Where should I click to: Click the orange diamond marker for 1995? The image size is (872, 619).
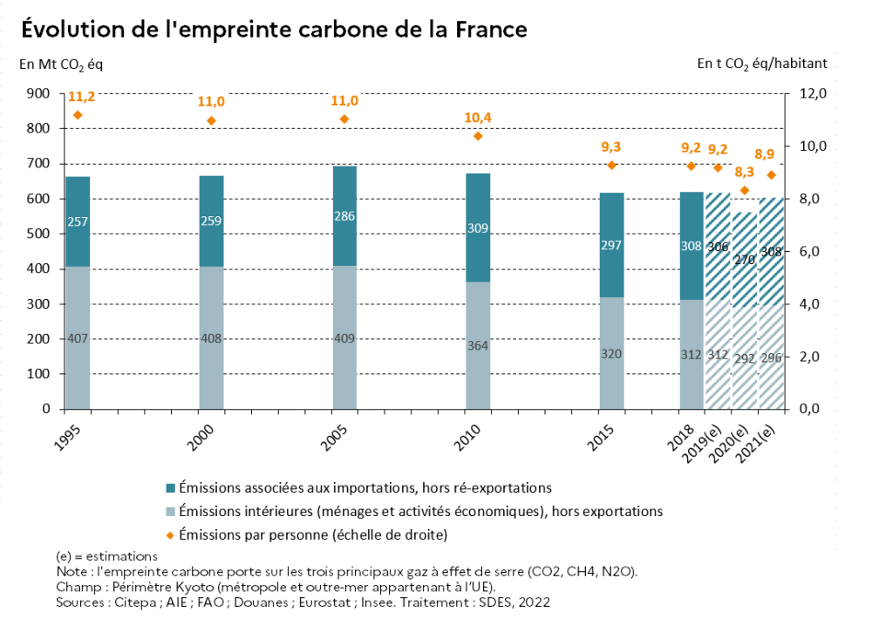(78, 115)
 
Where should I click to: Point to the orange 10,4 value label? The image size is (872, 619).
(478, 117)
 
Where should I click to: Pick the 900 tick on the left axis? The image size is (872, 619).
(38, 93)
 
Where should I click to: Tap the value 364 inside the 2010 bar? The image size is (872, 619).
(478, 345)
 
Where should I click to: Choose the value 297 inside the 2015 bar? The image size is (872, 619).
(611, 246)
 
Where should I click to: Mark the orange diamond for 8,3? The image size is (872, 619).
(745, 190)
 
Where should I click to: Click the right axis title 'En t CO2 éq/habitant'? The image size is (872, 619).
(761, 64)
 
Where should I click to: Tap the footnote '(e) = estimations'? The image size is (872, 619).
(106, 555)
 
